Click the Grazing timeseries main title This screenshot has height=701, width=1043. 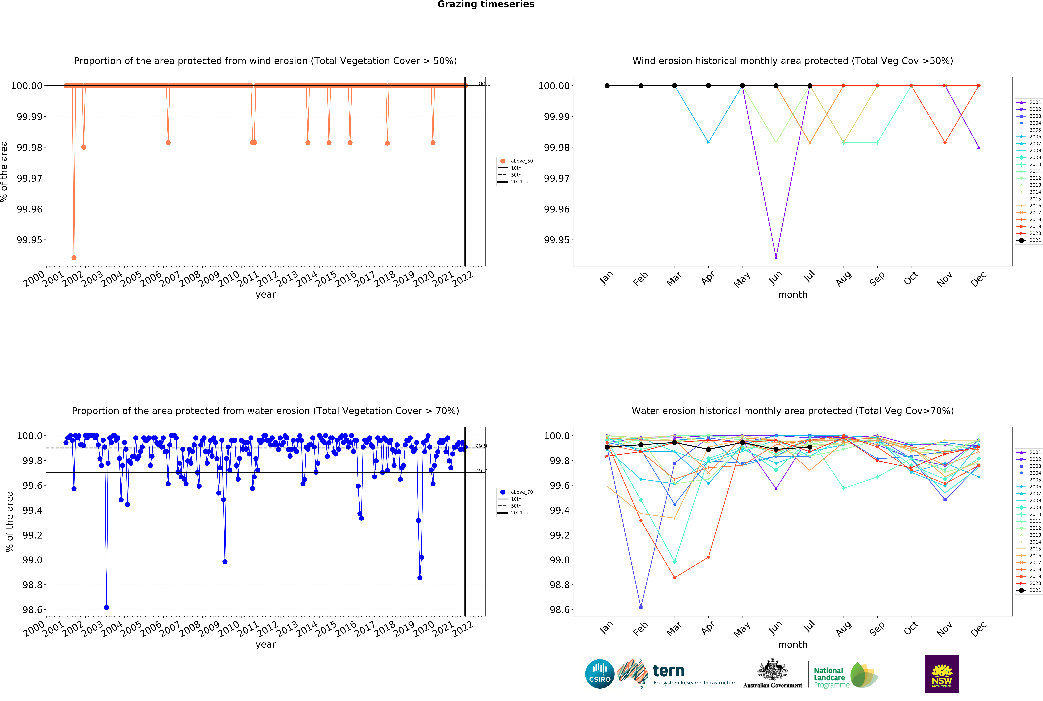pyautogui.click(x=486, y=4)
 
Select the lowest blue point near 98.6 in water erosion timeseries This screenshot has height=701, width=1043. pyautogui.click(x=106, y=608)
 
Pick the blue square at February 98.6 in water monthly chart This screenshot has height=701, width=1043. pyautogui.click(x=641, y=608)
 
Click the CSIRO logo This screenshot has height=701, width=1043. pyautogui.click(x=600, y=674)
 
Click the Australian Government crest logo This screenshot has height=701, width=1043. pyautogui.click(x=773, y=673)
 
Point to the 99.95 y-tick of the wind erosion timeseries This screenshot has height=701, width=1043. pyautogui.click(x=30, y=240)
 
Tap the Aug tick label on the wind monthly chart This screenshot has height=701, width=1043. pyautogui.click(x=844, y=279)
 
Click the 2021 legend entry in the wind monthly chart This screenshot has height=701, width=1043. pyautogui.click(x=1030, y=240)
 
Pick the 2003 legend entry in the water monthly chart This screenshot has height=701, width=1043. pyautogui.click(x=1030, y=466)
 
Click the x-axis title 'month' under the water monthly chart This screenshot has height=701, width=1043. pyautogui.click(x=793, y=645)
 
